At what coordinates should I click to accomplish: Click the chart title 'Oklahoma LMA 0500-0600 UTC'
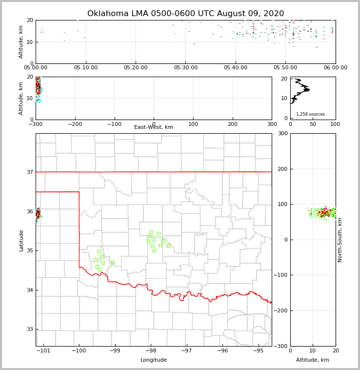[185, 14]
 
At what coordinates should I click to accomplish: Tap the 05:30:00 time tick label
[186, 68]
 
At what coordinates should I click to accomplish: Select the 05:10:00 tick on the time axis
[86, 68]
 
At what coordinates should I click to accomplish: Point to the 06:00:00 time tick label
[336, 68]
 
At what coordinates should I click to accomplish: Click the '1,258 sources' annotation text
[310, 114]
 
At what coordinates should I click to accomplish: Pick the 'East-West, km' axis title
[154, 127]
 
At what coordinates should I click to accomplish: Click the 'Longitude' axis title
[154, 360]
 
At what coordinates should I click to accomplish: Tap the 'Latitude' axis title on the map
[21, 240]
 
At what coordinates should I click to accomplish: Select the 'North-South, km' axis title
[340, 240]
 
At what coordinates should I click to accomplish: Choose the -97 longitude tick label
[187, 351]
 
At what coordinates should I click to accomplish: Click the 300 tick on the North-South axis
[282, 133]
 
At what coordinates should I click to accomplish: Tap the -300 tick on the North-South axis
[280, 346]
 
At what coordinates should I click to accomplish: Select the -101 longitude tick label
[43, 351]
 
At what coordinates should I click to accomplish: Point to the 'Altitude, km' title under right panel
[313, 360]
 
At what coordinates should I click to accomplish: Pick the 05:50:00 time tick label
[286, 68]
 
